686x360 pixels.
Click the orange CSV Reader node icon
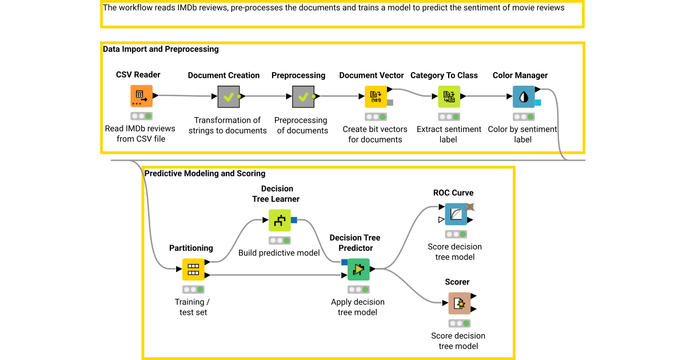(x=141, y=97)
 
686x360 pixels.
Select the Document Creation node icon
(x=228, y=97)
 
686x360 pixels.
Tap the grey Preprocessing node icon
(x=303, y=97)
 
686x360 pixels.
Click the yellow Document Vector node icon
(x=376, y=97)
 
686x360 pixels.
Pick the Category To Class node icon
(x=449, y=97)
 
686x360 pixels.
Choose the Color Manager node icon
(x=523, y=97)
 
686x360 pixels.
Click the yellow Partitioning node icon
(x=193, y=269)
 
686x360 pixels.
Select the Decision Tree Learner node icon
(x=280, y=220)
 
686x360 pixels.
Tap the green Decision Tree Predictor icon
(x=358, y=269)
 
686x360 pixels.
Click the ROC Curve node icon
(x=456, y=214)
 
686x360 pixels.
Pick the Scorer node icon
(x=459, y=303)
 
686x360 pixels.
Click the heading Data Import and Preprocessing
(x=161, y=49)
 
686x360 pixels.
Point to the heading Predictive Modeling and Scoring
(x=205, y=173)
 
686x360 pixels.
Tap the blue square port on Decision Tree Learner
(x=294, y=220)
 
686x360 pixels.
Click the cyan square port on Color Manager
(x=538, y=103)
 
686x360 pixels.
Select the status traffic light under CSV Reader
(x=141, y=116)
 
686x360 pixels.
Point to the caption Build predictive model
(x=279, y=253)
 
